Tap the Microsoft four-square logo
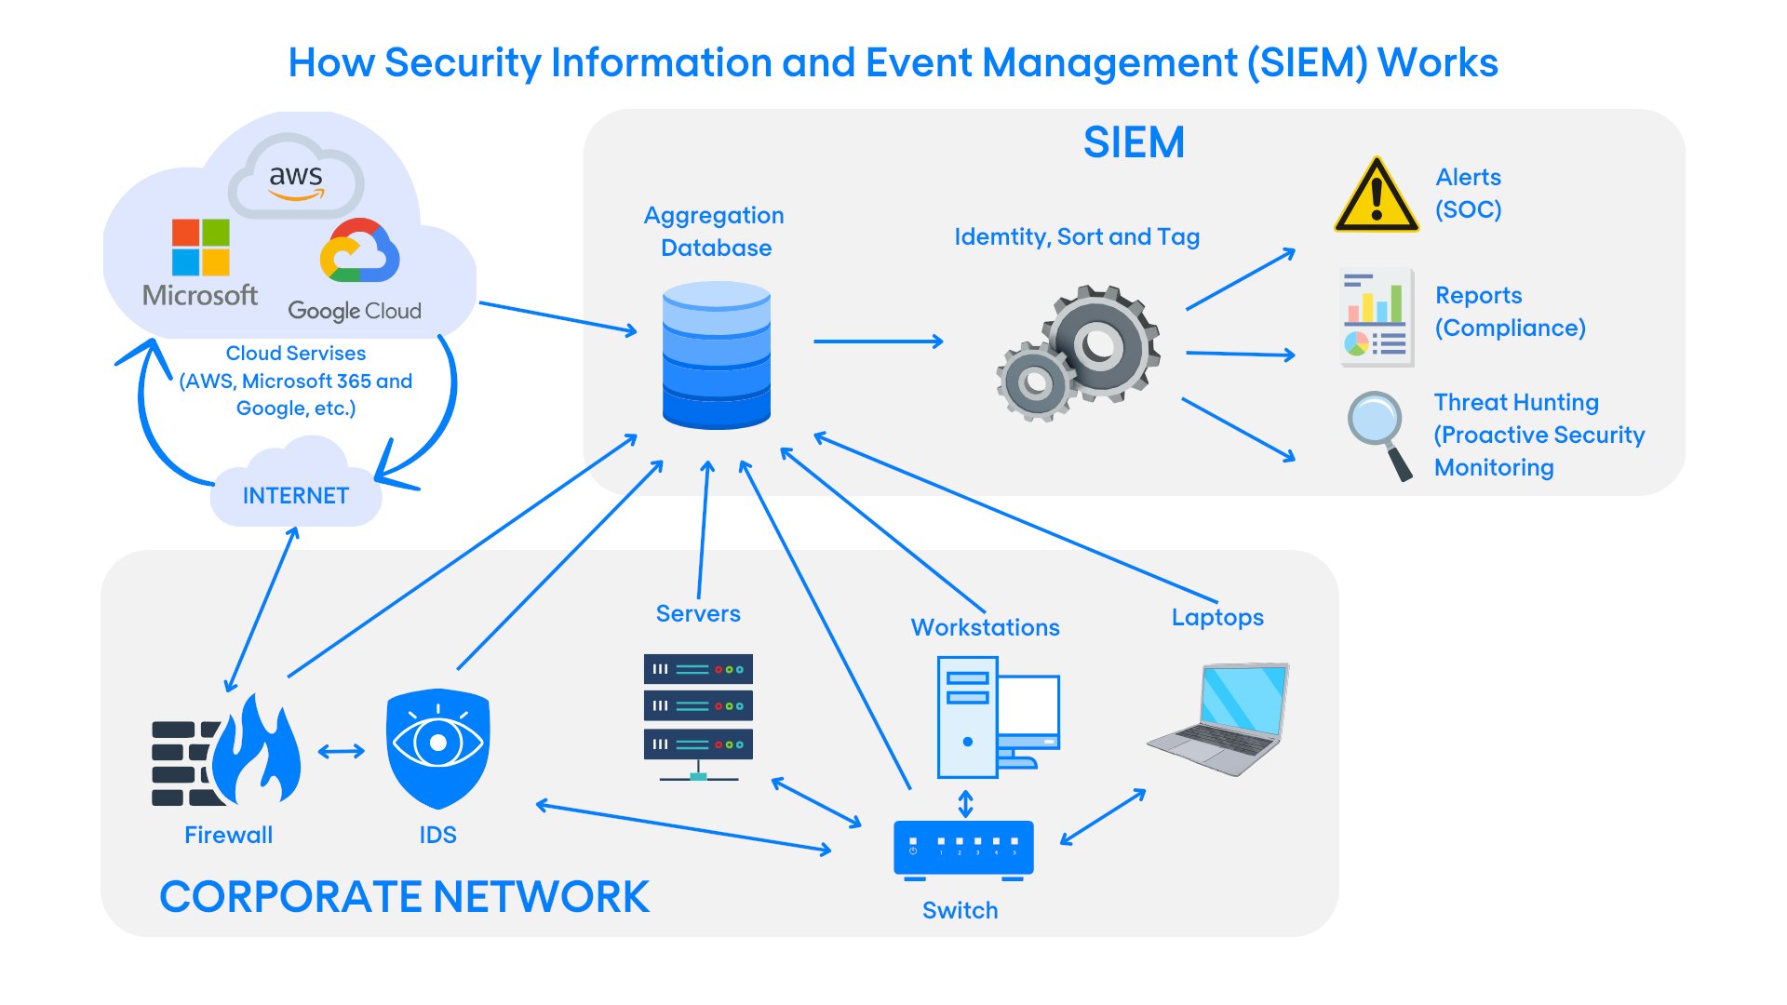[x=200, y=248]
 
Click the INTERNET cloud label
[x=296, y=495]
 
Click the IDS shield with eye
[x=437, y=746]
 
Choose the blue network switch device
[x=963, y=848]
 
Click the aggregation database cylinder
[x=716, y=355]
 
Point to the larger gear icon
[x=1101, y=343]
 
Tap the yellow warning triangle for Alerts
[x=1376, y=196]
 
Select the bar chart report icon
[x=1377, y=316]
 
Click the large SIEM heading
[x=1134, y=142]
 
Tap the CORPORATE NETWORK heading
[x=404, y=897]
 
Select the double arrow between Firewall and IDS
[x=341, y=751]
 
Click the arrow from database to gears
[x=878, y=342]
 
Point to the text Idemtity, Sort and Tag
[x=1077, y=236]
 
